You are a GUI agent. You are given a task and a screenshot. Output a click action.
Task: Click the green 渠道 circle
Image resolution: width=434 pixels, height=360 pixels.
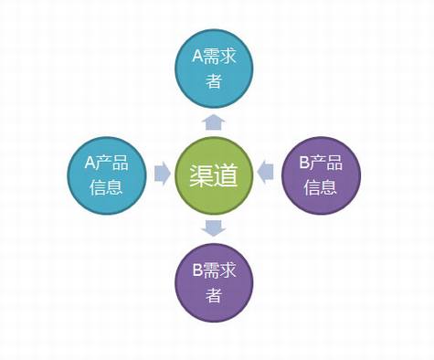click(x=214, y=175)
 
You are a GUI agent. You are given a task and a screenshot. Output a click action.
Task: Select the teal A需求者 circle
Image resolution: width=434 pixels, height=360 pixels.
click(x=214, y=69)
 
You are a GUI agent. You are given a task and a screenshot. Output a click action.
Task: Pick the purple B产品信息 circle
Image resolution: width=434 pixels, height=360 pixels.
click(x=321, y=175)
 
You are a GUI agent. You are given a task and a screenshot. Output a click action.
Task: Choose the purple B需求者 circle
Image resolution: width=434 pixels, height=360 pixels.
click(x=214, y=282)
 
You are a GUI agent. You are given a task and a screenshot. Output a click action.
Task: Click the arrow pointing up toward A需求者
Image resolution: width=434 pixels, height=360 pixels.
click(x=214, y=122)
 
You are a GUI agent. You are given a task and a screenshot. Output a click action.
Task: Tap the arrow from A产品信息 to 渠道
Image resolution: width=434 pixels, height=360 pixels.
click(x=162, y=174)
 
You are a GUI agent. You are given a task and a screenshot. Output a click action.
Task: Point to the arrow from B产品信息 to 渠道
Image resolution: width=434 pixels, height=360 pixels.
click(x=266, y=172)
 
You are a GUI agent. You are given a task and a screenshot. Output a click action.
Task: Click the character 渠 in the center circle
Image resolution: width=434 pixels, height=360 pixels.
click(x=201, y=175)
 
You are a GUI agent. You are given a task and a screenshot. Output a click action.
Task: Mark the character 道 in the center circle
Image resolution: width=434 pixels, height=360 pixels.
click(x=226, y=175)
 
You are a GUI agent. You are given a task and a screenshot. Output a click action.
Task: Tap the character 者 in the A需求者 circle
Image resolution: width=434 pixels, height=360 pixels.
click(x=214, y=81)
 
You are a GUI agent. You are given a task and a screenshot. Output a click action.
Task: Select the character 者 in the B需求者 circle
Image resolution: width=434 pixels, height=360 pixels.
click(x=214, y=295)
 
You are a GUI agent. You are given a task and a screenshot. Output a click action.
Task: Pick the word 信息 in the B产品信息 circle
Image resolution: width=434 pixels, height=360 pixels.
click(x=321, y=187)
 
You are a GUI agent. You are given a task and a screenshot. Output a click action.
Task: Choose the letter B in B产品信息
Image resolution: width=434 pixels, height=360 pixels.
click(x=304, y=163)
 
